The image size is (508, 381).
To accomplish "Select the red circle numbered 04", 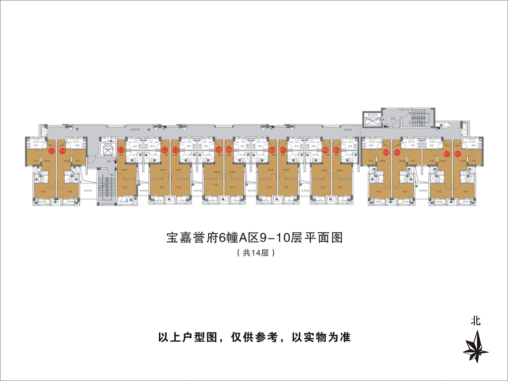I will [x=386, y=152].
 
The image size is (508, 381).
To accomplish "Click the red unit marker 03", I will [x=397, y=152].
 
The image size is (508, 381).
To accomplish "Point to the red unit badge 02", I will [x=446, y=153].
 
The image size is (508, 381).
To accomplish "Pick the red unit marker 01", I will [x=457, y=153].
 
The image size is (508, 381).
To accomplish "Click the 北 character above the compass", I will [x=476, y=321].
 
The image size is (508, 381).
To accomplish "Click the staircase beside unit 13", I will [x=106, y=187].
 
